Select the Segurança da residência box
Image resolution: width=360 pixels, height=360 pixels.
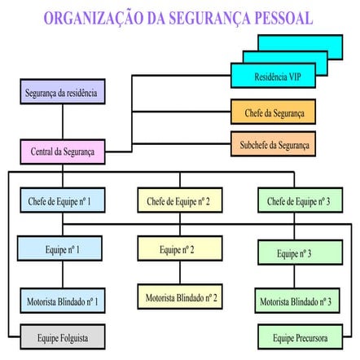pyautogui.click(x=61, y=92)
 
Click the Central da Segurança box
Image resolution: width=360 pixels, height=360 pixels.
pyautogui.click(x=61, y=151)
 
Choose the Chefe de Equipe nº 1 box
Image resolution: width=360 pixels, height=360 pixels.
pyautogui.click(x=61, y=200)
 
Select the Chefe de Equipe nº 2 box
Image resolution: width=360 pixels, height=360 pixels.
pyautogui.click(x=178, y=200)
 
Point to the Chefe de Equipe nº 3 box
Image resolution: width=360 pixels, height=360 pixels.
pyautogui.click(x=296, y=200)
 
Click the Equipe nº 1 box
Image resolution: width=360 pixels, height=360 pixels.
pyautogui.click(x=61, y=248)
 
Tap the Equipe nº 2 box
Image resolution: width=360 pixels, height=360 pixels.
pyautogui.click(x=178, y=248)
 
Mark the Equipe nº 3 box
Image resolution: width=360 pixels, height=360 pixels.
pyautogui.click(x=296, y=253)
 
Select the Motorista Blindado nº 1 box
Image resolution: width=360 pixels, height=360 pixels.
pyautogui.click(x=61, y=301)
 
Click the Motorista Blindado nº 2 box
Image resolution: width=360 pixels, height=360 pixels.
pyautogui.click(x=178, y=296)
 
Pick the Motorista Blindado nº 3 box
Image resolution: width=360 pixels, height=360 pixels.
pyautogui.click(x=296, y=301)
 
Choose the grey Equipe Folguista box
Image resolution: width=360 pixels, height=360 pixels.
pyautogui.click(x=61, y=336)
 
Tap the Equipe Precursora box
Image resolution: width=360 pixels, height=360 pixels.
pyautogui.click(x=296, y=336)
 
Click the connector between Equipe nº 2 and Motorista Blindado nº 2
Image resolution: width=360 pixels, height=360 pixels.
pyautogui.click(x=178, y=272)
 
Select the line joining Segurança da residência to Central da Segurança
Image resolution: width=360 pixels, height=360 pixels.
pyautogui.click(x=61, y=121)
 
